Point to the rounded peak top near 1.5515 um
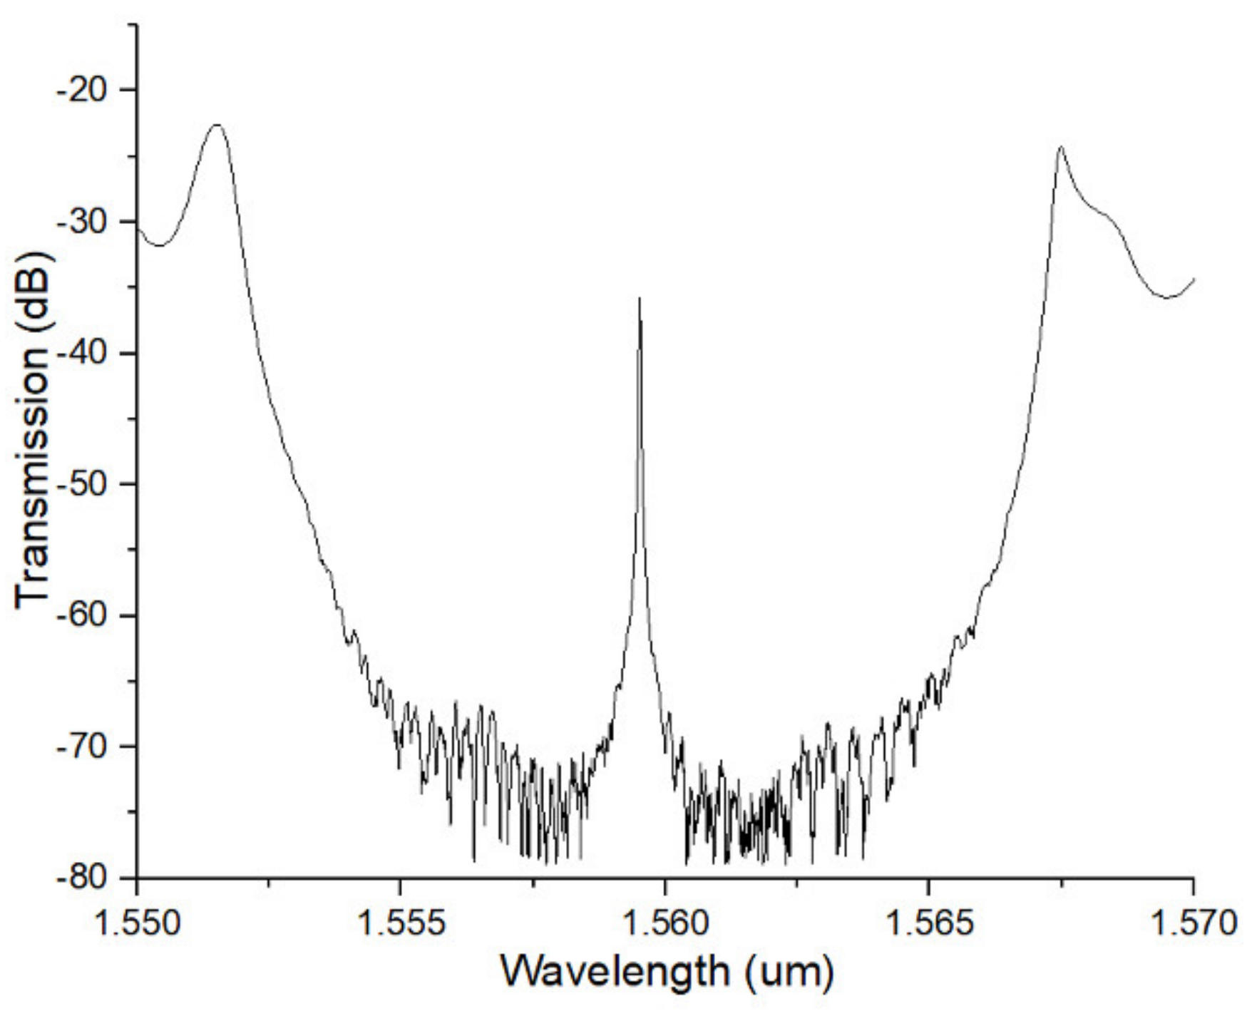point(217,125)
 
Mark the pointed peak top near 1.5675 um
point(1061,147)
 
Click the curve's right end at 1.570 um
point(1193,279)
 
